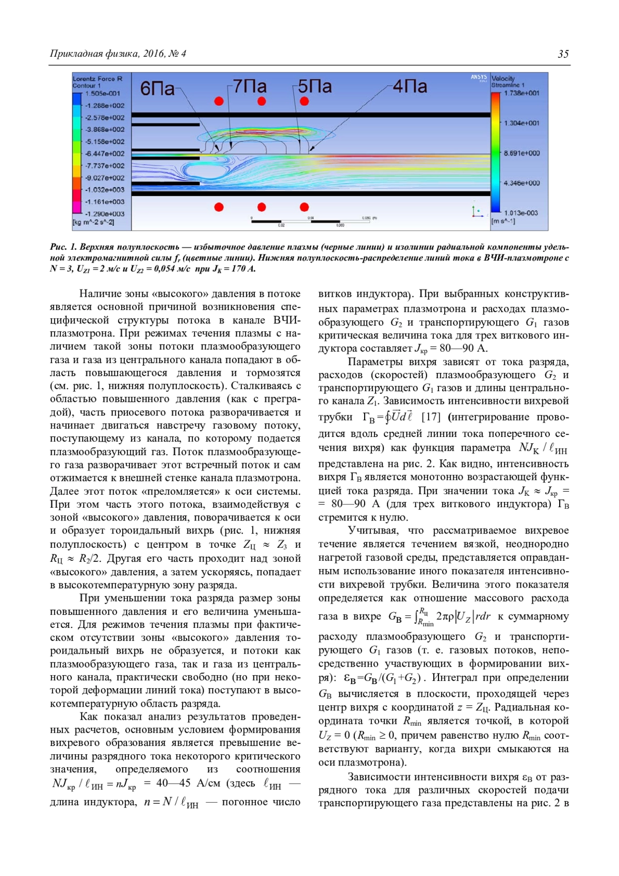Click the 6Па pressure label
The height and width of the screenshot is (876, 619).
pyautogui.click(x=157, y=89)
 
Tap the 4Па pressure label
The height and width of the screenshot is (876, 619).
pyautogui.click(x=410, y=86)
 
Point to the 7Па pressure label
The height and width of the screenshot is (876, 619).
pyautogui.click(x=250, y=86)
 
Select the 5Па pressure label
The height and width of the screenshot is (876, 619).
pyautogui.click(x=315, y=86)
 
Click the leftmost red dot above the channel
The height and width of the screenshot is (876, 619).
pyautogui.click(x=219, y=101)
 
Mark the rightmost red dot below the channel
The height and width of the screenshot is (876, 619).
pyautogui.click(x=304, y=207)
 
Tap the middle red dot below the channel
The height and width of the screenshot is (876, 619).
pyautogui.click(x=262, y=207)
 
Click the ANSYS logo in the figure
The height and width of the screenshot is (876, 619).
pyautogui.click(x=479, y=77)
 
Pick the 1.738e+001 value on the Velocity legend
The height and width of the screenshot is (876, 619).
pyautogui.click(x=522, y=93)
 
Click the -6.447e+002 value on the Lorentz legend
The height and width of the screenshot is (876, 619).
pyautogui.click(x=105, y=154)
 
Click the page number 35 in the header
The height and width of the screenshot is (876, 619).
pyautogui.click(x=563, y=54)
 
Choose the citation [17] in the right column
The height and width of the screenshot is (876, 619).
pyautogui.click(x=431, y=416)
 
